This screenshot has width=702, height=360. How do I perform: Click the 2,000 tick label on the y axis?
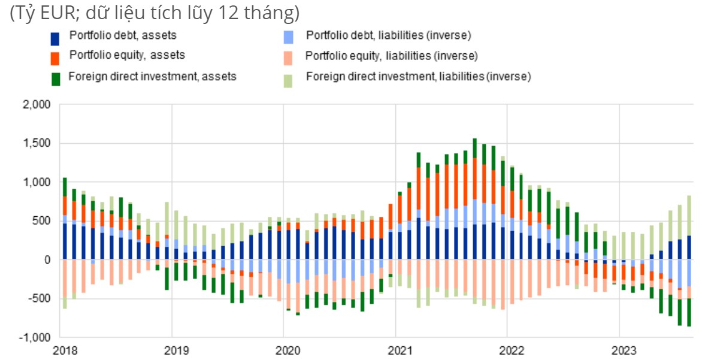pyautogui.click(x=38, y=104)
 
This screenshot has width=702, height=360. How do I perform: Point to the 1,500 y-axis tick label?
pyautogui.click(x=38, y=143)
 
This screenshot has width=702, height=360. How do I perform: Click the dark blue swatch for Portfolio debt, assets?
pyautogui.click(x=56, y=38)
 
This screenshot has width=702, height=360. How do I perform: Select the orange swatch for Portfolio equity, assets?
pyautogui.click(x=56, y=58)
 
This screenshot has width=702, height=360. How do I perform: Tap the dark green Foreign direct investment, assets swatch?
pyautogui.click(x=56, y=78)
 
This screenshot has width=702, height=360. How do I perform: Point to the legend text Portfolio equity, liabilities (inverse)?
pyautogui.click(x=391, y=56)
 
